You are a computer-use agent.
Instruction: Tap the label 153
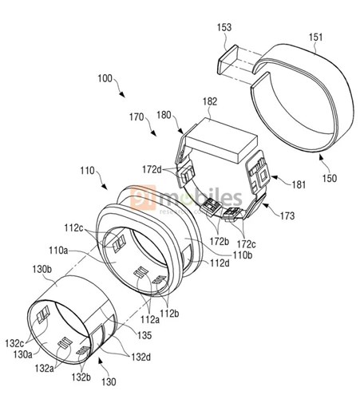(225, 26)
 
